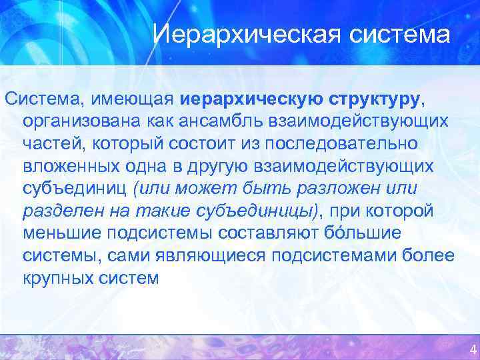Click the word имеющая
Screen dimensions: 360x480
[137, 100]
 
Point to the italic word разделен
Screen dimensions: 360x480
[62, 211]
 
